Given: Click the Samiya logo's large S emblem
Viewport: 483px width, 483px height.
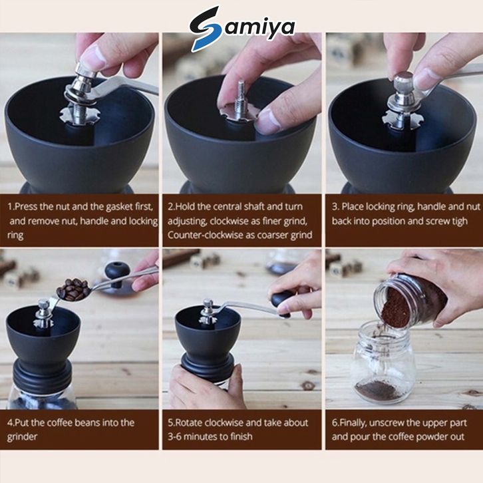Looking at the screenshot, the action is click(x=206, y=28).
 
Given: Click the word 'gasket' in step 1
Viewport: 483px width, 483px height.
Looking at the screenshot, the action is click(x=120, y=206).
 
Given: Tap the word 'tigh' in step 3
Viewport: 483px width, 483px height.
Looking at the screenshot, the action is click(x=458, y=221).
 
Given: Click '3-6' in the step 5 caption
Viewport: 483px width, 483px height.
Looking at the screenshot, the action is click(x=175, y=436).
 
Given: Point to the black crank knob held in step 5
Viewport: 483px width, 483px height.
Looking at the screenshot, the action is click(x=281, y=303).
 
